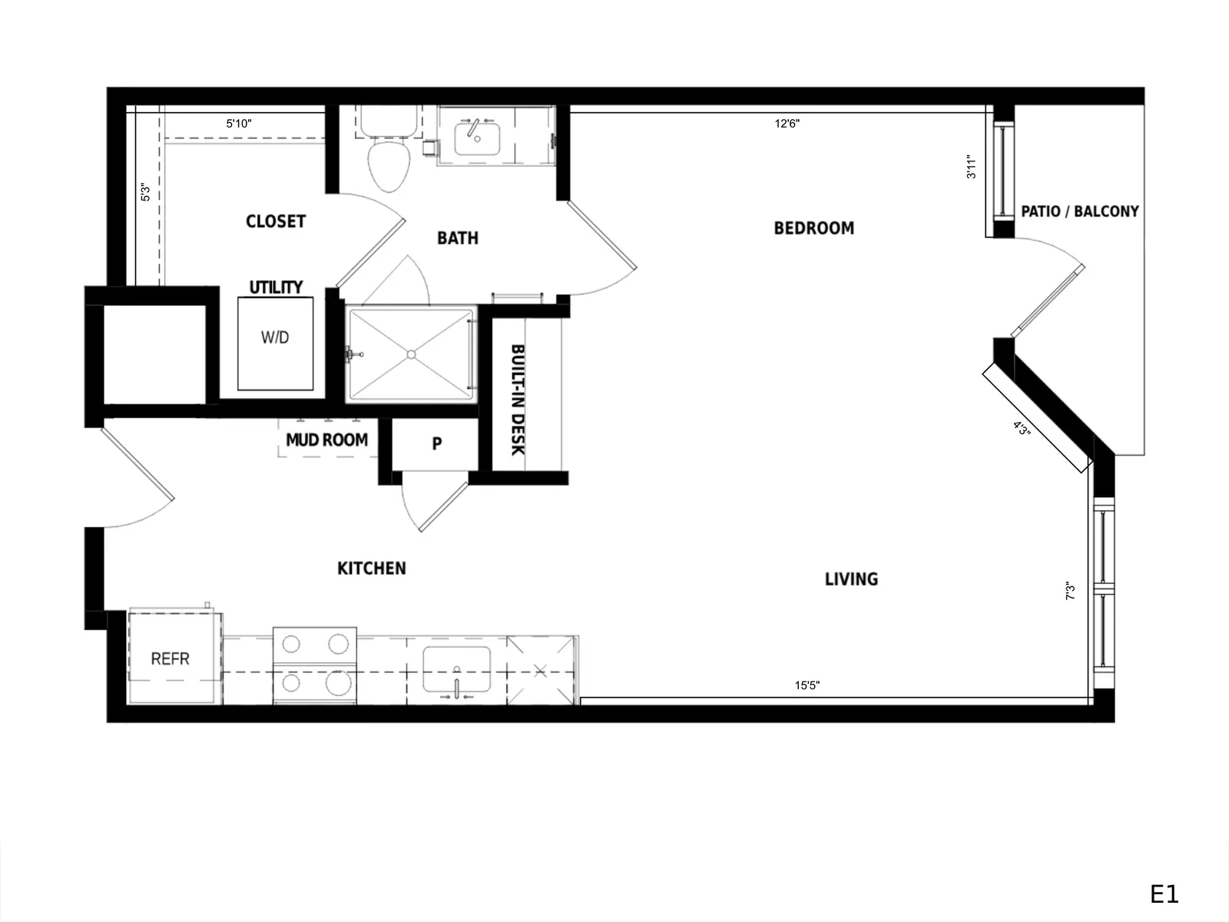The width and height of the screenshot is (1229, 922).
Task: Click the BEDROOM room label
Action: [813, 228]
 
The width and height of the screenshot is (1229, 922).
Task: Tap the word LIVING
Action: [851, 579]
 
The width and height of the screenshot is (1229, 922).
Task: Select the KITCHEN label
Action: [371, 569]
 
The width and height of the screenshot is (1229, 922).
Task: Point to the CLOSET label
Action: [276, 221]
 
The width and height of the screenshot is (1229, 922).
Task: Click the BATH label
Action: [458, 238]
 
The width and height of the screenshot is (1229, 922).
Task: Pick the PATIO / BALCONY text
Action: [1080, 211]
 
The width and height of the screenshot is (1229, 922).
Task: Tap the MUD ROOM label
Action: [327, 440]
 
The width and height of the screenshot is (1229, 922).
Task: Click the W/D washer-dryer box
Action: [276, 343]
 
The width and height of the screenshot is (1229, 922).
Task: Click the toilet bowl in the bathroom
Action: [389, 166]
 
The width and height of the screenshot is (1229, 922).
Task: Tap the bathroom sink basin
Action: [477, 139]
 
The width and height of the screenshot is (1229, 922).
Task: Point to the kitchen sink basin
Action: [456, 669]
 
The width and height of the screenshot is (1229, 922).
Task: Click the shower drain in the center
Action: [412, 354]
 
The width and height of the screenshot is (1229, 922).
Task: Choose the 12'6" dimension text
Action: [787, 124]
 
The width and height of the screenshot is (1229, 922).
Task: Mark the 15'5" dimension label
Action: [807, 685]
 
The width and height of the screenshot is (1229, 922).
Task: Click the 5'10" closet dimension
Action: [239, 123]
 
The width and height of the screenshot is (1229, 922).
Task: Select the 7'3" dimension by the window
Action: [1070, 591]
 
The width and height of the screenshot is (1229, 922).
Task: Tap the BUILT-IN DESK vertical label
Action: [518, 400]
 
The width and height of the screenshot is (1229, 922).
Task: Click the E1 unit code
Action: [1164, 894]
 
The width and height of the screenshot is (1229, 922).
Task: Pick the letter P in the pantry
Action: [437, 443]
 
